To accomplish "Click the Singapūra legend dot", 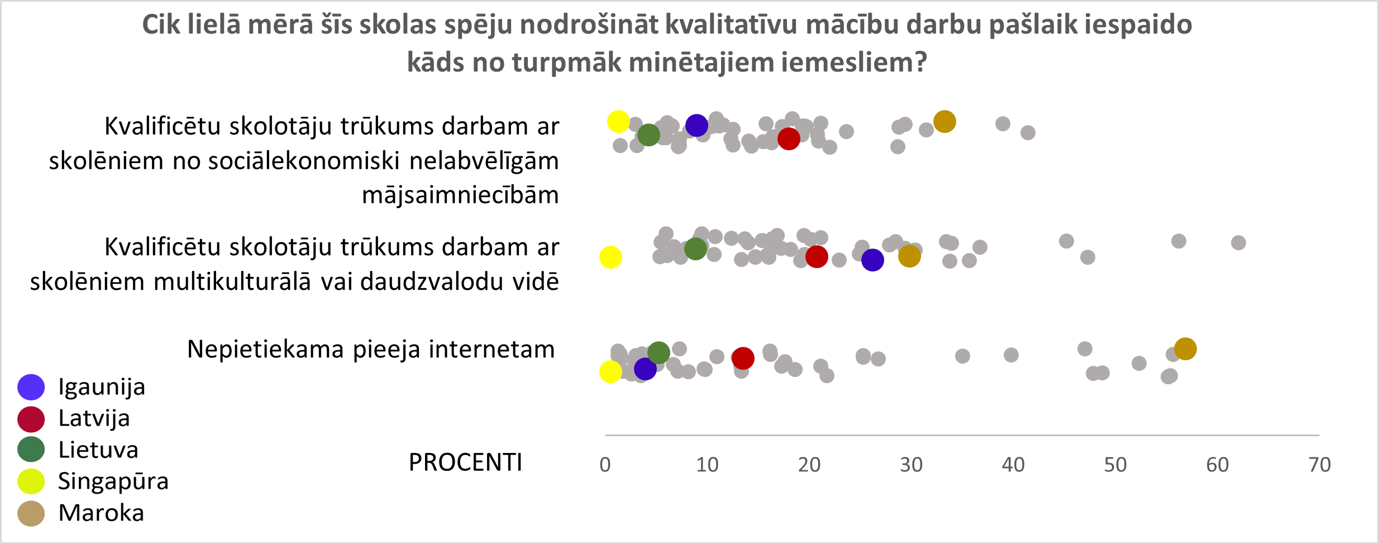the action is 31,481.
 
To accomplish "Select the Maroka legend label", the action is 101,513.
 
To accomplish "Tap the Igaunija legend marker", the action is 31,387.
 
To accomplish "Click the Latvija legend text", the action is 94,418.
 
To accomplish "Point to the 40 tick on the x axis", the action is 1013,465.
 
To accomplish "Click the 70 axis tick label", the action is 1319,465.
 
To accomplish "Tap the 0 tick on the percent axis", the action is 605,465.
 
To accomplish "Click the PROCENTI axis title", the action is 465,462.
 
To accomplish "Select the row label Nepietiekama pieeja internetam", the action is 371,349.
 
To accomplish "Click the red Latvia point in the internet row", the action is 743,358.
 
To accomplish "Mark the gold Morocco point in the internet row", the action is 1185,349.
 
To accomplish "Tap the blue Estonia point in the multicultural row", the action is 872,260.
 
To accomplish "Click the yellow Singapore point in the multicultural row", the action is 610,257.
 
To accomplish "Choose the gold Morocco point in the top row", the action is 944,121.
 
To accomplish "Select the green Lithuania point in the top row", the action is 648,135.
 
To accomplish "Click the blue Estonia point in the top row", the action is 696,125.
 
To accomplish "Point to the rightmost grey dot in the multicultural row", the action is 1238,242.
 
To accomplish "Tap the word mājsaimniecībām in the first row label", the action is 460,195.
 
